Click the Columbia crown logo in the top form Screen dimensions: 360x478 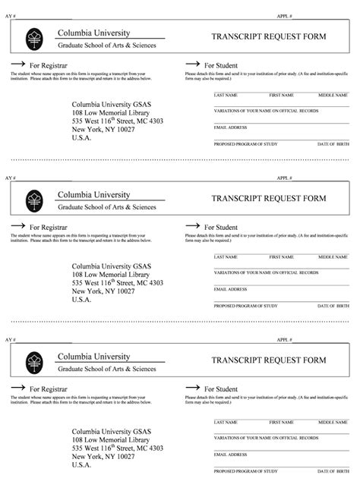click(33, 38)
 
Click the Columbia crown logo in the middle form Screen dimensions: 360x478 click(33, 200)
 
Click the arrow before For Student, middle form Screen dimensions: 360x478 click(192, 226)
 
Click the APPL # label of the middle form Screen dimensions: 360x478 click(286, 177)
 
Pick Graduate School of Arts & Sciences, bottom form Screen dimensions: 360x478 click(106, 369)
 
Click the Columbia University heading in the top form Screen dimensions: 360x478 click(94, 33)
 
